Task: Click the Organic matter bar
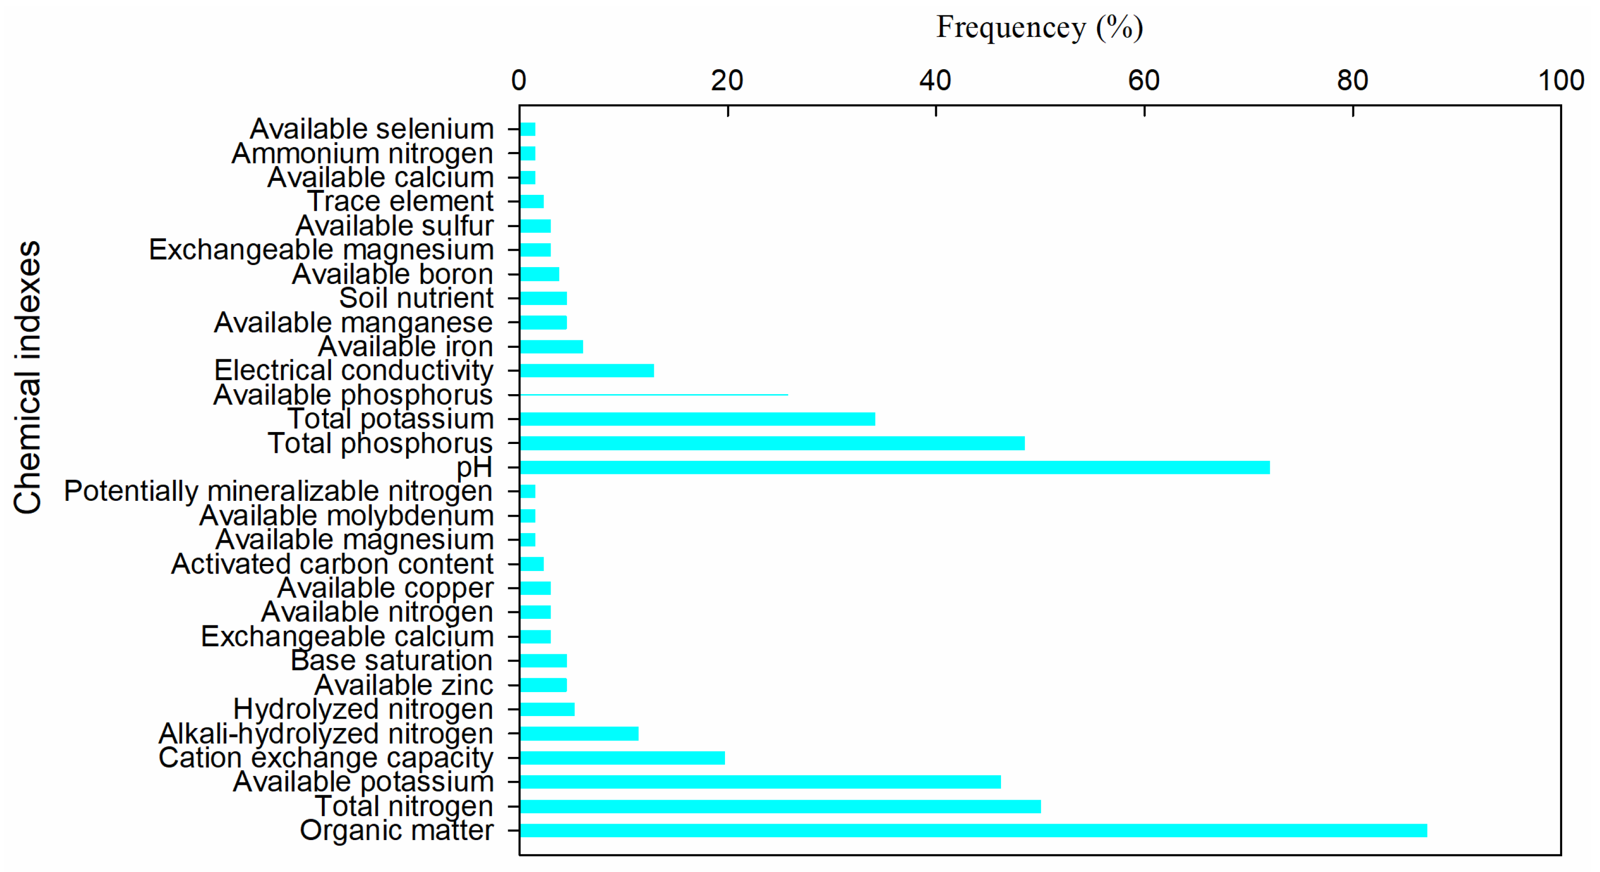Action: click(973, 830)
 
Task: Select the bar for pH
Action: click(894, 467)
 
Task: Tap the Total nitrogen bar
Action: click(780, 806)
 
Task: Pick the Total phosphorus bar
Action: click(772, 443)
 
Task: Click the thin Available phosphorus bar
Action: click(653, 394)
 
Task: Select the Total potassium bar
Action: click(697, 419)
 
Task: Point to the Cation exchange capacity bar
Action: click(622, 758)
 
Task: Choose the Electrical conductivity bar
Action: click(587, 371)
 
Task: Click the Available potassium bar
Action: click(760, 782)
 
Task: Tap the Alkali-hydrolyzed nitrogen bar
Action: click(579, 733)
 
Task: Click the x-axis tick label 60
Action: click(1144, 81)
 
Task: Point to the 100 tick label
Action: click(1560, 81)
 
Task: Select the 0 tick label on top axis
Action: click(519, 81)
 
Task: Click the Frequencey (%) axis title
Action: click(1039, 28)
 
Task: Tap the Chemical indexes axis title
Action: click(28, 377)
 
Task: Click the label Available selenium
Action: click(371, 129)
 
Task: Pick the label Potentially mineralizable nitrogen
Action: click(278, 491)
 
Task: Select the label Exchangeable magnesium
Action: click(321, 250)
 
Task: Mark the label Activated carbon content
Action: click(332, 564)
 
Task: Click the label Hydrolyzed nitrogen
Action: click(363, 709)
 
